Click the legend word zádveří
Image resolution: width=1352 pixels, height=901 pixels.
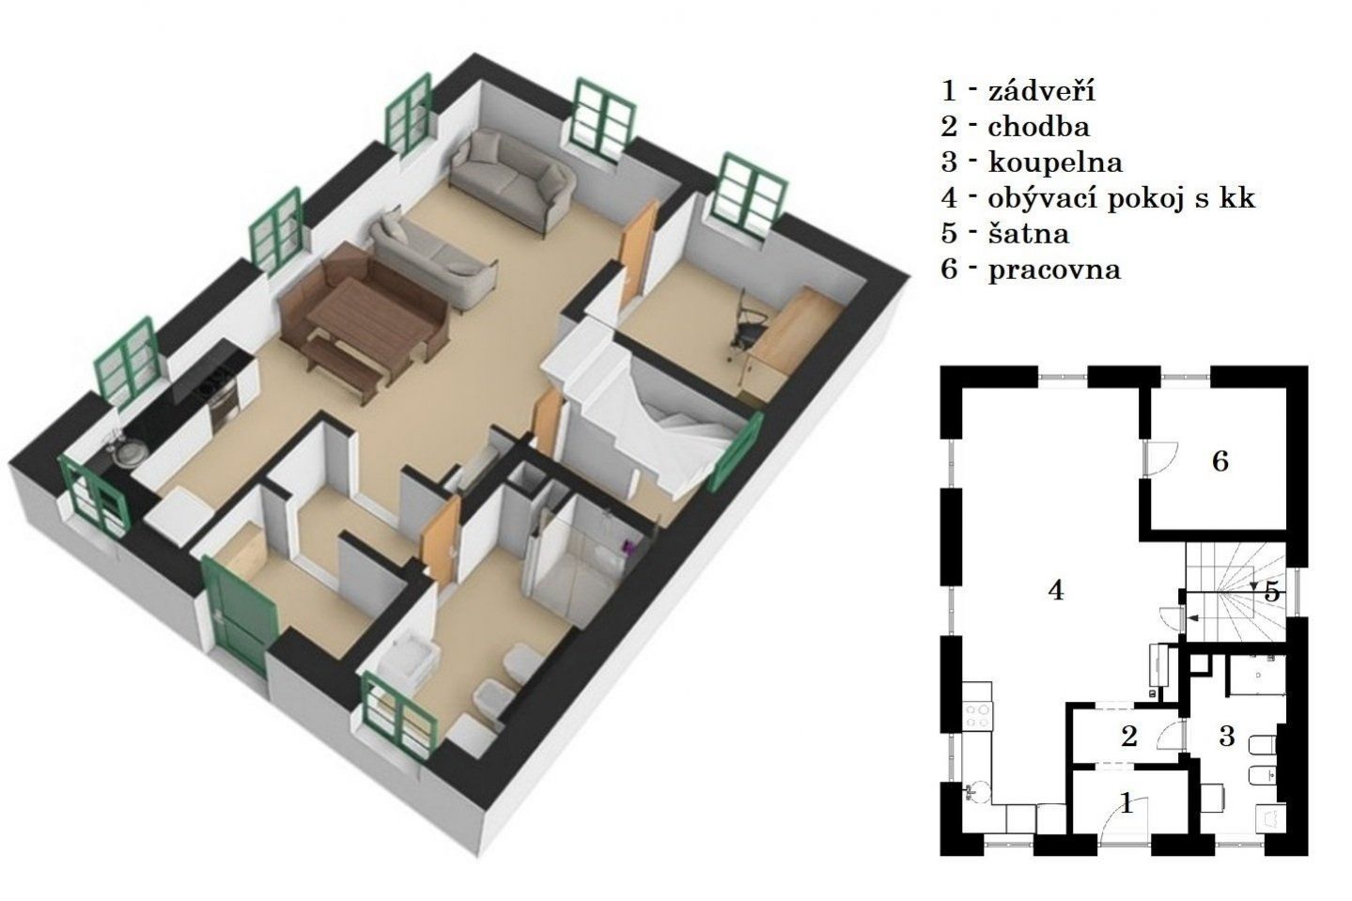1041,91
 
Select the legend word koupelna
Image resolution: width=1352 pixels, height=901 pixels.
1055,163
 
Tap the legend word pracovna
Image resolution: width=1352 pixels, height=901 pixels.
1054,270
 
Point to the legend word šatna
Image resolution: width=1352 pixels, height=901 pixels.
1029,234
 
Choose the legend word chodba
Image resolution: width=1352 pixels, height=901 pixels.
1039,127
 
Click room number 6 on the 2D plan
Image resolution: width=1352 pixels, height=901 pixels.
1220,461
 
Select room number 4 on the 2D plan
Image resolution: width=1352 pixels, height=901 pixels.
1056,590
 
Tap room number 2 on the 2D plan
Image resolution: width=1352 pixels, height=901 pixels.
1128,737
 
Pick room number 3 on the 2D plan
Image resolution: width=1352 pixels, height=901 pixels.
1226,737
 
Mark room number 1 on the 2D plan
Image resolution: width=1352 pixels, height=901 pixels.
1127,803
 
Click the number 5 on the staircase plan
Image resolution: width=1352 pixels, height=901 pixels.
1271,592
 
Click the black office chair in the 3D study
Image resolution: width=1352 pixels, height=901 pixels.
749,326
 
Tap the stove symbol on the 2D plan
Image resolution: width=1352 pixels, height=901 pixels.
978,716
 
